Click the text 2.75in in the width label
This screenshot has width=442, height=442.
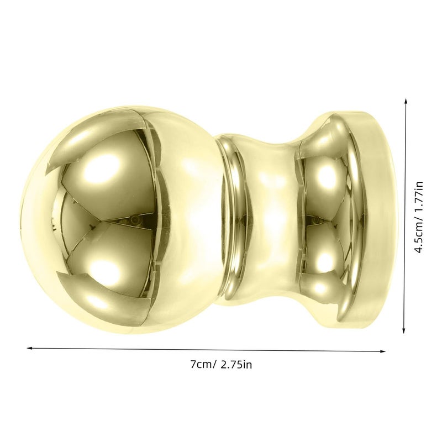[236, 365]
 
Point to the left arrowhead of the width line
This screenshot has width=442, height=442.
[30, 348]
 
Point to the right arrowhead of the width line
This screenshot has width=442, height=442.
[382, 351]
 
